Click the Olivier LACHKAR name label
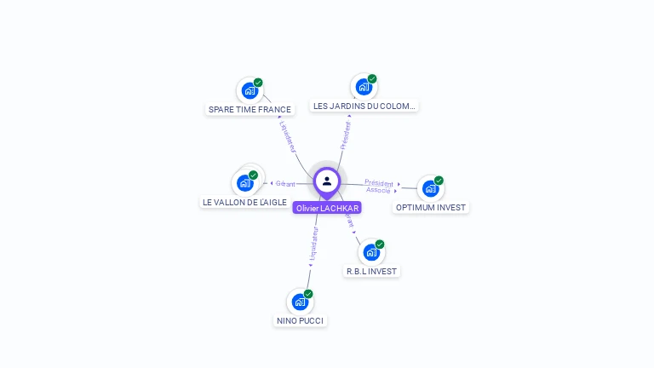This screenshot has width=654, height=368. pyautogui.click(x=327, y=208)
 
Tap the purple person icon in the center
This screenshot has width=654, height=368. pyautogui.click(x=327, y=181)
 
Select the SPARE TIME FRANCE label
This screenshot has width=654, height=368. pyautogui.click(x=250, y=109)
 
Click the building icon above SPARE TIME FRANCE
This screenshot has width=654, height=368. pyautogui.click(x=249, y=90)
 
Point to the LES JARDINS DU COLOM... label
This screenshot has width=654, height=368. pyautogui.click(x=364, y=106)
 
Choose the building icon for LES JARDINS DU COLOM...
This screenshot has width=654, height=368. pyautogui.click(x=364, y=87)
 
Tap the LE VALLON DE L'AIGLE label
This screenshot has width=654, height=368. pyautogui.click(x=244, y=202)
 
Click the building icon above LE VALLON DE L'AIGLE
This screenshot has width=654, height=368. pyautogui.click(x=244, y=182)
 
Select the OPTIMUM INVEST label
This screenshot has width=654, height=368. pyautogui.click(x=432, y=207)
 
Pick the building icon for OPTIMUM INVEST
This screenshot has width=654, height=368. pyautogui.click(x=430, y=188)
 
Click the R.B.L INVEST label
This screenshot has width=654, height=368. pyautogui.click(x=371, y=271)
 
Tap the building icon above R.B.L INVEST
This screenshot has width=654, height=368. pyautogui.click(x=371, y=252)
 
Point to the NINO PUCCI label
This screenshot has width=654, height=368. pyautogui.click(x=300, y=320)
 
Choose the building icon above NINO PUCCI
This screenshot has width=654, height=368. pyautogui.click(x=300, y=302)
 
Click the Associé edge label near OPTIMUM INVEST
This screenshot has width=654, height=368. pyautogui.click(x=378, y=190)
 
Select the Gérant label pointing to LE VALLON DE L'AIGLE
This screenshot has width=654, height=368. pyautogui.click(x=284, y=183)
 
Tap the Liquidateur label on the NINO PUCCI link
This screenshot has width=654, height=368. pyautogui.click(x=313, y=244)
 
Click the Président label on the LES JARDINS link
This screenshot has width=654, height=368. pyautogui.click(x=346, y=133)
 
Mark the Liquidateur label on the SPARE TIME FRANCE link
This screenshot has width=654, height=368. pyautogui.click(x=287, y=135)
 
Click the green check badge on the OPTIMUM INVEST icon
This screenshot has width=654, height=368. pyautogui.click(x=439, y=181)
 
